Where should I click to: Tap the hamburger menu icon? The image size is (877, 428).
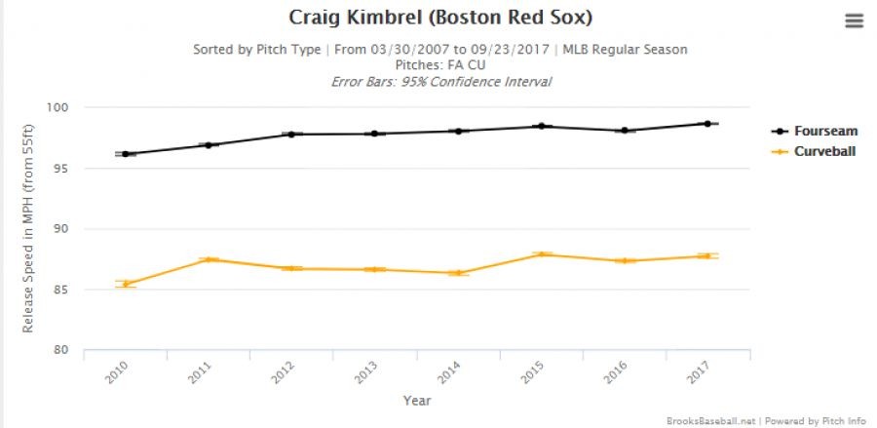click(854, 21)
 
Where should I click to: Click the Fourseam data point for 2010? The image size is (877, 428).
click(126, 154)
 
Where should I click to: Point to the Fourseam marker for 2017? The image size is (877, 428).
click(707, 124)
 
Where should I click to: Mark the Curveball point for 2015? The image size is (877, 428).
click(542, 254)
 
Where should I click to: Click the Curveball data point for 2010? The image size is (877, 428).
click(126, 284)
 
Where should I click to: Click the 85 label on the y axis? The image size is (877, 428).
click(67, 290)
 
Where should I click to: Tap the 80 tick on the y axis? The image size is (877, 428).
click(67, 350)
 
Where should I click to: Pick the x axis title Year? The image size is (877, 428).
click(416, 400)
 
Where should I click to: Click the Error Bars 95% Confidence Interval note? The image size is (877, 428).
click(440, 81)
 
